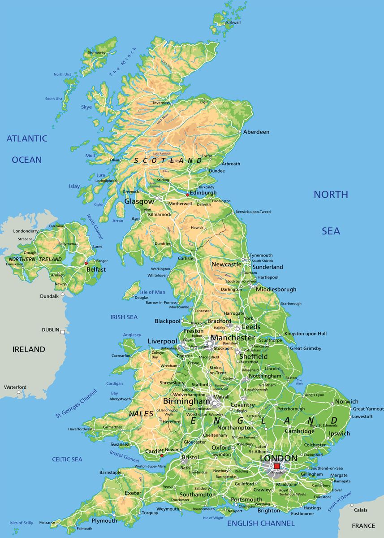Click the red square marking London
pyautogui.click(x=276, y=466)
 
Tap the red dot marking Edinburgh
pyautogui.click(x=187, y=195)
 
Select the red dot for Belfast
pyautogui.click(x=86, y=263)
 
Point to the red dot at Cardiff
pyautogui.click(x=162, y=456)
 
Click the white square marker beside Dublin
pyautogui.click(x=63, y=332)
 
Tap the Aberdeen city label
pyautogui.click(x=256, y=132)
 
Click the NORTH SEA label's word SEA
pyautogui.click(x=331, y=231)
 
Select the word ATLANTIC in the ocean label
pyautogui.click(x=26, y=139)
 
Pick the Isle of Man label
pyautogui.click(x=153, y=292)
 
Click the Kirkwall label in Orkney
pyautogui.click(x=233, y=22)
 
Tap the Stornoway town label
pyautogui.click(x=97, y=52)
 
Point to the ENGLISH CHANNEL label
pyautogui.click(x=261, y=523)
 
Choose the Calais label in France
pyautogui.click(x=360, y=510)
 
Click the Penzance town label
pyautogui.click(x=47, y=522)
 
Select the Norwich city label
pyautogui.click(x=347, y=402)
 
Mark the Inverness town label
pyautogui.click(x=161, y=103)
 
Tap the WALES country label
pyautogui.click(x=142, y=414)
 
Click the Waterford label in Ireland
pyautogui.click(x=15, y=387)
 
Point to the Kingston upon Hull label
pyautogui.click(x=306, y=334)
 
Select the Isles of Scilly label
pyautogui.click(x=22, y=523)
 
